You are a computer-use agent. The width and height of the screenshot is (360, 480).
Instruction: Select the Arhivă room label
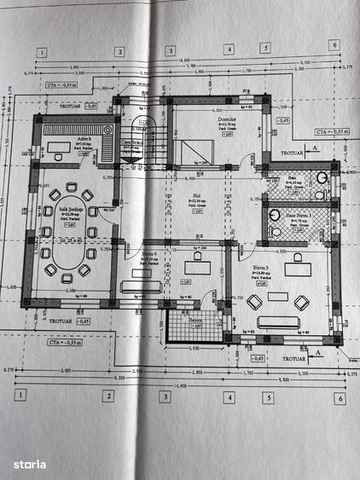coord(82,140)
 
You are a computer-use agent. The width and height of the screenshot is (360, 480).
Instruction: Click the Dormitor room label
coord(228,121)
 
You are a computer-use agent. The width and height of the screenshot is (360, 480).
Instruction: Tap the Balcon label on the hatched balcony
coord(185,315)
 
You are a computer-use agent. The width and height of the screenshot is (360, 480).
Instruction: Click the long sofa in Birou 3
coord(278,321)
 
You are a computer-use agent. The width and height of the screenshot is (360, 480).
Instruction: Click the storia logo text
coord(29,464)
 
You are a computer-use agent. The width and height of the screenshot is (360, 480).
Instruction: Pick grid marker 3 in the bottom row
coord(165,396)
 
